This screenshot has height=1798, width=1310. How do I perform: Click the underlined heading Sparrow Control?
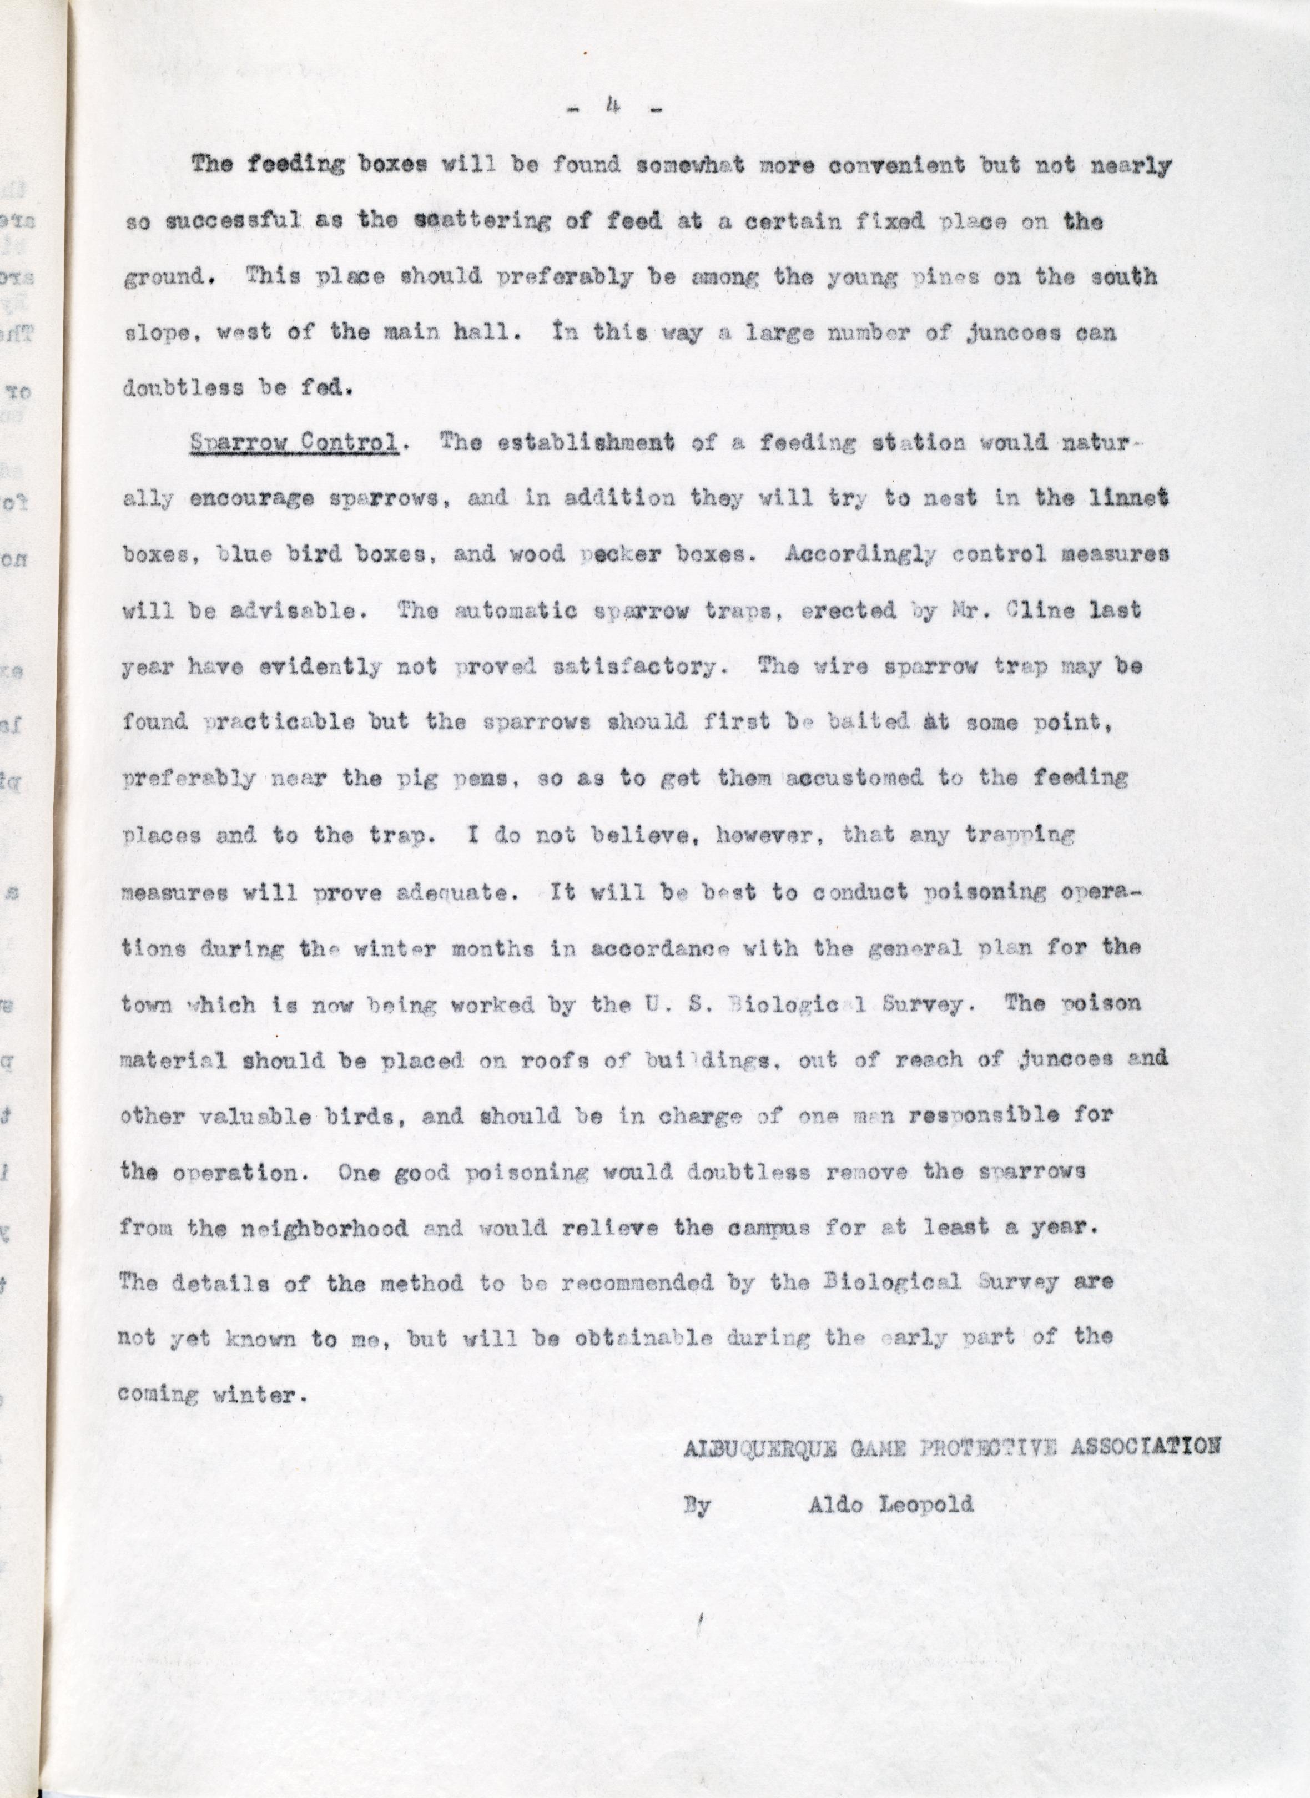(294, 443)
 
